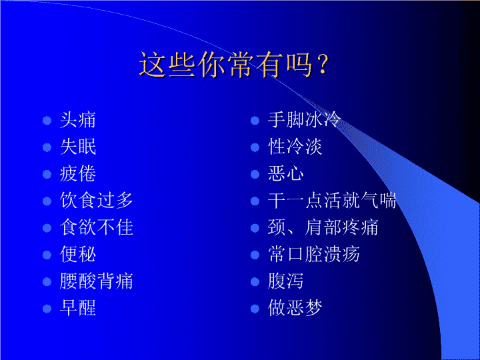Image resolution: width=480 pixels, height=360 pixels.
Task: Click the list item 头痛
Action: click(x=78, y=120)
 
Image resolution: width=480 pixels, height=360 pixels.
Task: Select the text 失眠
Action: click(x=78, y=147)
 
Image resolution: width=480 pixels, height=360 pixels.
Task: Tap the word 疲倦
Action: click(x=78, y=174)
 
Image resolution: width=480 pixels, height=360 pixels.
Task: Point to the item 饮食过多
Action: click(x=97, y=201)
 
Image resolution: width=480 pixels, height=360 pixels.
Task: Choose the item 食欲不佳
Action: click(x=97, y=228)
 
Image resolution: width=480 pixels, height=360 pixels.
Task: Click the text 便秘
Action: click(x=78, y=255)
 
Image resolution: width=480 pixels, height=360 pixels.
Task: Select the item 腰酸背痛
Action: click(x=97, y=281)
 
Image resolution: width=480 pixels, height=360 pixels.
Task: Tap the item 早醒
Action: click(x=78, y=308)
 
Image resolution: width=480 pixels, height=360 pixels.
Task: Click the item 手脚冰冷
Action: click(x=304, y=120)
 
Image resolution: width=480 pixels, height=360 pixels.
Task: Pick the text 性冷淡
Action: click(x=295, y=147)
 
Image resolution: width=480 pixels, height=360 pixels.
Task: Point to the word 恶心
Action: click(x=286, y=174)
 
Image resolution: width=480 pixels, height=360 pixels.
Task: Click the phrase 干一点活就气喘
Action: click(x=332, y=201)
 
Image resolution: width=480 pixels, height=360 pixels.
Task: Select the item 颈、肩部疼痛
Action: click(x=323, y=228)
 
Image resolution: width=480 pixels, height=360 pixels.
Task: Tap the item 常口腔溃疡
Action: click(x=314, y=255)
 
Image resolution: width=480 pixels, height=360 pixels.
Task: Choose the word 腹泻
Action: click(x=286, y=281)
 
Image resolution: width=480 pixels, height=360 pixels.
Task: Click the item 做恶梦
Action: click(x=295, y=308)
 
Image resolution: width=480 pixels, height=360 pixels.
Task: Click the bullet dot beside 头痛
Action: click(x=47, y=121)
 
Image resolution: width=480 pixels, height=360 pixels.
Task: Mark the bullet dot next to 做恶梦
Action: click(x=255, y=309)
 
